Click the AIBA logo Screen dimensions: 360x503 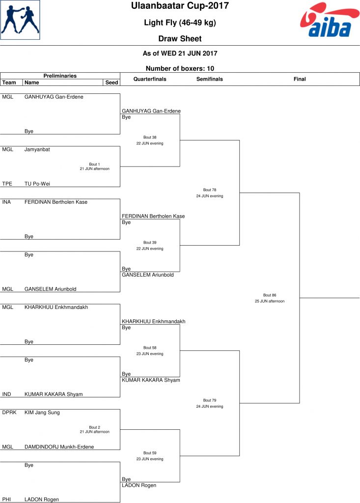pyautogui.click(x=330, y=20)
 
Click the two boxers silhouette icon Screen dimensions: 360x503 pyautogui.click(x=20, y=20)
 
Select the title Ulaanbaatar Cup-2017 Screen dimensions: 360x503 pyautogui.click(x=180, y=6)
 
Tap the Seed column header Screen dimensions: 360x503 pyautogui.click(x=111, y=83)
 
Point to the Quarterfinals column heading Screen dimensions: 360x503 pyautogui.click(x=150, y=79)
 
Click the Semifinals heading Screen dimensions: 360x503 pyautogui.click(x=210, y=79)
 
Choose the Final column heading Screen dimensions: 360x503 pyautogui.click(x=300, y=79)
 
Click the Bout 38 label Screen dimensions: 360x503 pyautogui.click(x=150, y=138)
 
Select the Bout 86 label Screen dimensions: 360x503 pyautogui.click(x=270, y=295)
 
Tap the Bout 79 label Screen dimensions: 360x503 pyautogui.click(x=210, y=400)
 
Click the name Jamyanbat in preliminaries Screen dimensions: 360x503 pyautogui.click(x=37, y=149)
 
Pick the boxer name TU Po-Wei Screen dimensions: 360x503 pyautogui.click(x=37, y=184)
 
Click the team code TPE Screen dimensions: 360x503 pyautogui.click(x=7, y=184)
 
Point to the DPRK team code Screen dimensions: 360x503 pyautogui.click(x=9, y=413)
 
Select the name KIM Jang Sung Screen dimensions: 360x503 pyautogui.click(x=42, y=413)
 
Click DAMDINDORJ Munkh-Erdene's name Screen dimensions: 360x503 pyautogui.click(x=59, y=447)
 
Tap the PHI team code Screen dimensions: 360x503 pyautogui.click(x=6, y=500)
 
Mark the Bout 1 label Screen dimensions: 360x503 pyautogui.click(x=94, y=164)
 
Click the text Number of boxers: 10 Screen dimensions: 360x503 pyautogui.click(x=180, y=68)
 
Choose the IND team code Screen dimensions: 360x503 pyautogui.click(x=6, y=394)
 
